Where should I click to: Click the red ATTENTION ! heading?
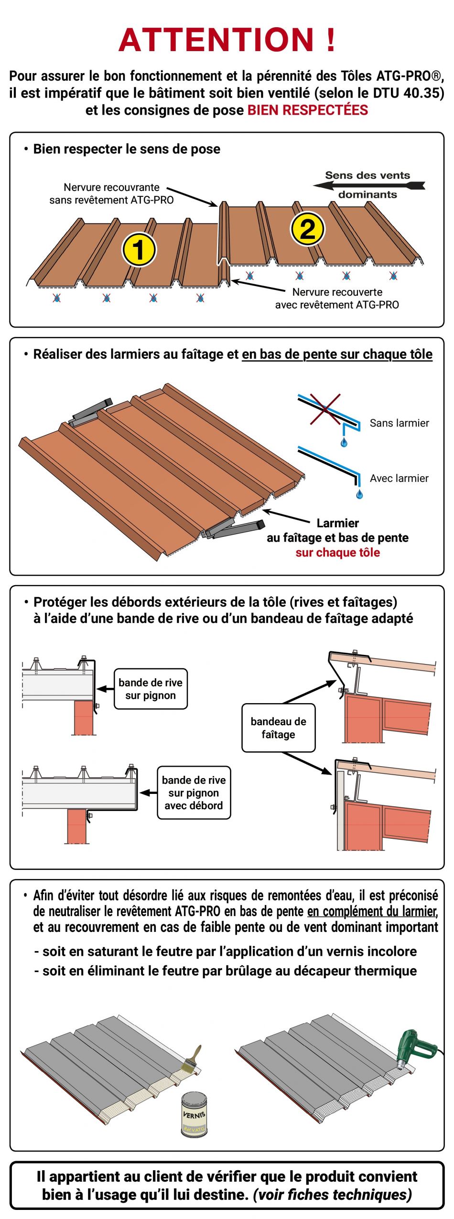click(227, 39)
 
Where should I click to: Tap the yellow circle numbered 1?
click(139, 249)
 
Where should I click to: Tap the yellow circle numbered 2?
click(307, 228)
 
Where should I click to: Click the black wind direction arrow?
click(368, 185)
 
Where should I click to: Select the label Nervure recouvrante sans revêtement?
click(111, 193)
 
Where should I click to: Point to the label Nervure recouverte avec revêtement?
click(337, 298)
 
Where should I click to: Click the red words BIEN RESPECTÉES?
click(307, 110)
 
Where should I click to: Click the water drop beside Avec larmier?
click(359, 493)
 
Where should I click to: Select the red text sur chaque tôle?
click(337, 552)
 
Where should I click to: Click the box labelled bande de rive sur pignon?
click(151, 689)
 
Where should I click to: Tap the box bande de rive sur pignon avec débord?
click(194, 792)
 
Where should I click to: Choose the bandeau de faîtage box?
click(278, 727)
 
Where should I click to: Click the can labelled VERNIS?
click(194, 1114)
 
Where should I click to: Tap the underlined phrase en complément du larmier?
click(372, 911)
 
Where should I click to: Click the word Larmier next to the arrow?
click(337, 523)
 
